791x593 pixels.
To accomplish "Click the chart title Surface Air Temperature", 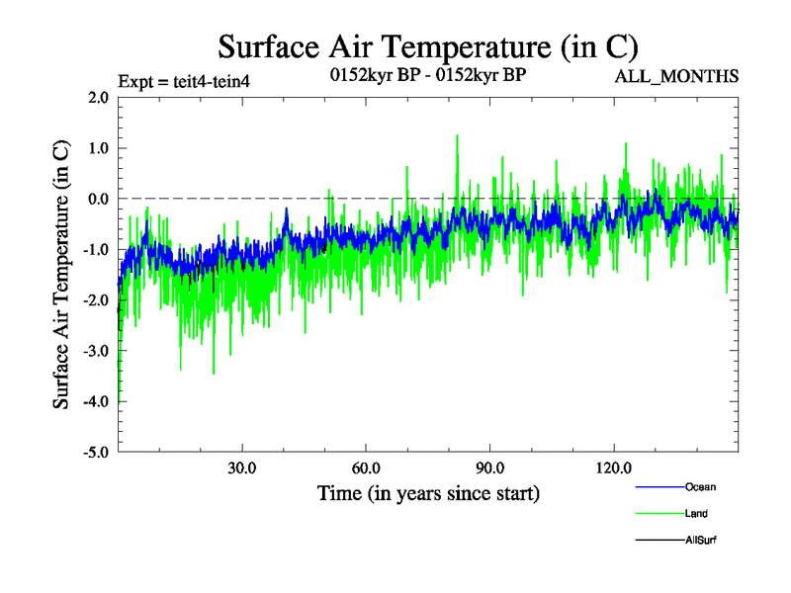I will pos(427,45).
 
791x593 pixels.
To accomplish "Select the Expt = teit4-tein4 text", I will pos(183,81).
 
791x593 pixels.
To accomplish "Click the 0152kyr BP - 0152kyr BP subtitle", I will pos(427,75).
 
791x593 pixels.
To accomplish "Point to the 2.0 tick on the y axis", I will pos(98,98).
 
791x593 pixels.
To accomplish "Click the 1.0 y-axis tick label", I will pos(98,148).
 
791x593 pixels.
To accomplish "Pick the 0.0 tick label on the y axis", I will pos(98,199).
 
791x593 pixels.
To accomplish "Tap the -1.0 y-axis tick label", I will pos(96,250).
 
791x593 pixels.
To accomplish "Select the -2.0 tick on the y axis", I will pos(96,300).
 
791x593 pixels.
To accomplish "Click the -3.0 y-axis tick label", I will pos(96,351).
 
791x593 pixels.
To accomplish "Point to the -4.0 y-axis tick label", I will pos(96,402).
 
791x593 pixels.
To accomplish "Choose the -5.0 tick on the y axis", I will pos(96,453).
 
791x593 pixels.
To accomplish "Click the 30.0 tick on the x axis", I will pos(242,467).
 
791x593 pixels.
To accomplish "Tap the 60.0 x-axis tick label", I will pos(366,467).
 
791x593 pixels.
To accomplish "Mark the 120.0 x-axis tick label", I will pos(614,467).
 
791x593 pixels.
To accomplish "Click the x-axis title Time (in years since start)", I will pos(428,492).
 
